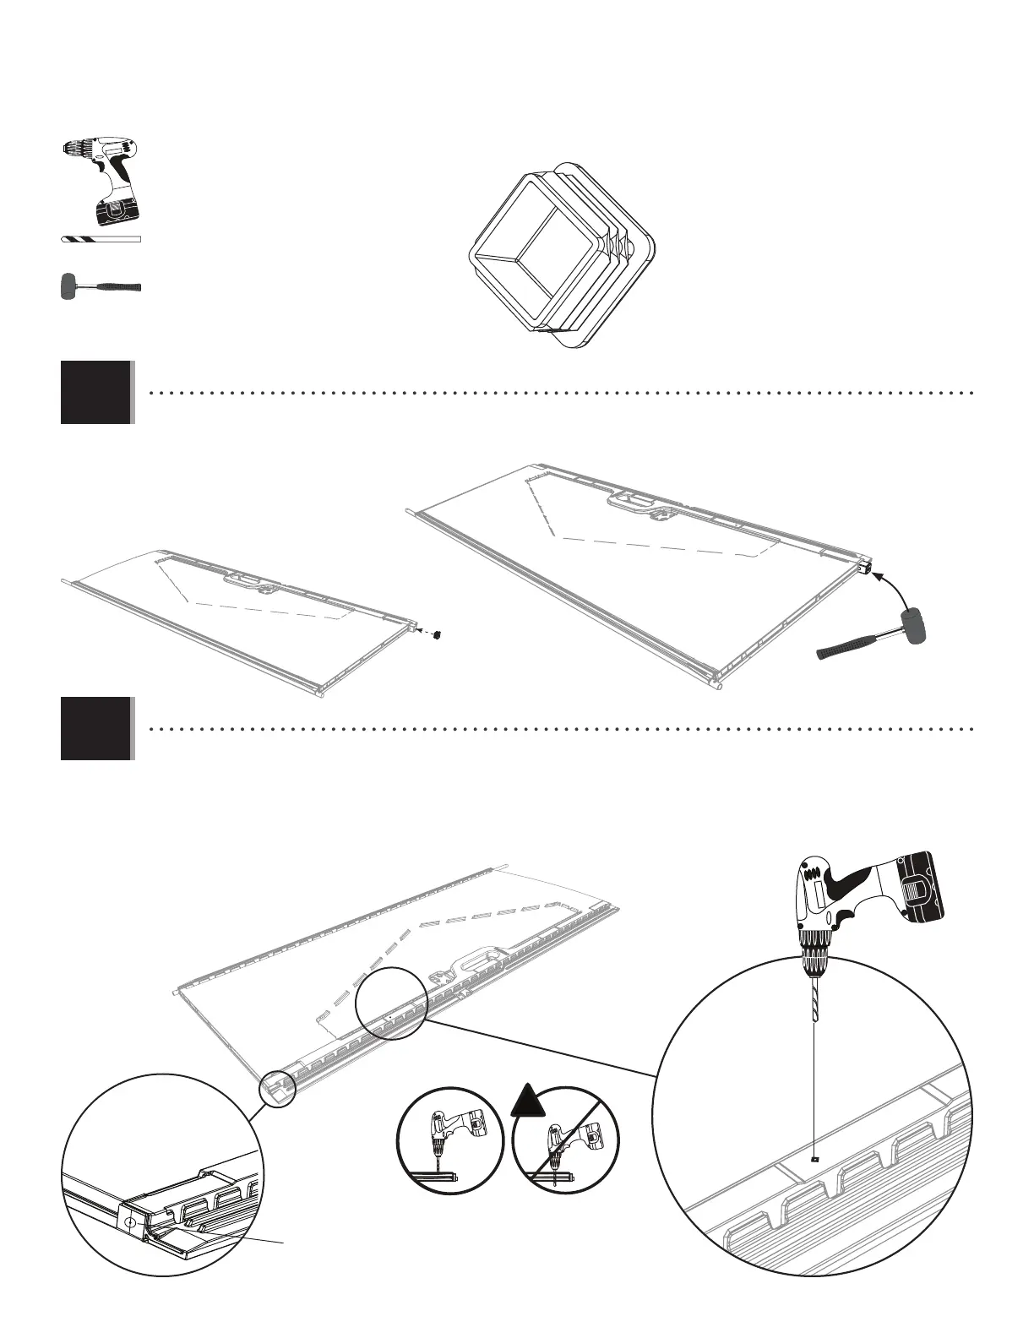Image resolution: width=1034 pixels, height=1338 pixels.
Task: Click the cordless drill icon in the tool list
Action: tap(100, 179)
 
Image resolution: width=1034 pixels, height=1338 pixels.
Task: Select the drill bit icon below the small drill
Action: tap(101, 240)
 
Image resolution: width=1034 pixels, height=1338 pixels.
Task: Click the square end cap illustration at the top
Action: tap(563, 254)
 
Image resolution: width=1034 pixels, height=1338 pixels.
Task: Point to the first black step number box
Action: tap(96, 392)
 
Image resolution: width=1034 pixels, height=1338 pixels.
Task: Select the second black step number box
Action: tap(96, 728)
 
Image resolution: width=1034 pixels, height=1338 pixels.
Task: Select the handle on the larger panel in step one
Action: tap(639, 503)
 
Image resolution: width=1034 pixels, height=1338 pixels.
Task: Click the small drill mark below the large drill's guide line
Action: tap(813, 1160)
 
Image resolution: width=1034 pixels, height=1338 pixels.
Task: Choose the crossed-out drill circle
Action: tap(565, 1139)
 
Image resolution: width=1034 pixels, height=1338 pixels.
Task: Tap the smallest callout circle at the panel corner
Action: tap(278, 1088)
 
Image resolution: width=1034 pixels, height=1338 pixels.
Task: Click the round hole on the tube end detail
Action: tap(129, 1222)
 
